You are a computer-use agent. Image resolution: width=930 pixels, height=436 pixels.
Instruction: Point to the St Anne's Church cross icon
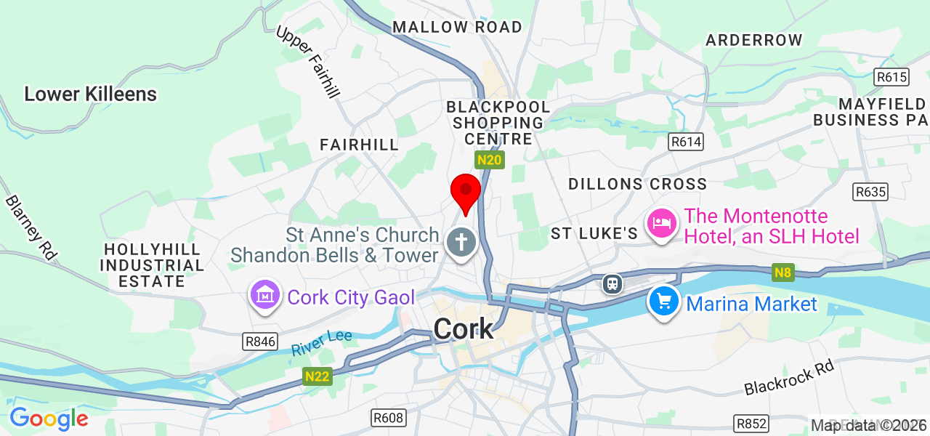(461, 242)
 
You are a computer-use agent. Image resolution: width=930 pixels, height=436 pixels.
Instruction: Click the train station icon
(612, 283)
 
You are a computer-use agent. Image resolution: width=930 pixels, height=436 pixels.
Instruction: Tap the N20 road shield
(490, 159)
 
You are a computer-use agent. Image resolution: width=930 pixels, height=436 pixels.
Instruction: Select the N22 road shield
(317, 376)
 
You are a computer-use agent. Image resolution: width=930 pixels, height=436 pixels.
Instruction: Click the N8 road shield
(783, 273)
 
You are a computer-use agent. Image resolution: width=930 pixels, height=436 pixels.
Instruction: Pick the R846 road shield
(260, 342)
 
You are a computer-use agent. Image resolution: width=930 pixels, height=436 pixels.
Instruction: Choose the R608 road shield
(388, 418)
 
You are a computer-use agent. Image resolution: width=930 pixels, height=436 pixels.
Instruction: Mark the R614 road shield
(687, 142)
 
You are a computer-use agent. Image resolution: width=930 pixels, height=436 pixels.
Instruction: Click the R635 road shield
(870, 192)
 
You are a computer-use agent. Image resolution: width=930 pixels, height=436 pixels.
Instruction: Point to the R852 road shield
(752, 424)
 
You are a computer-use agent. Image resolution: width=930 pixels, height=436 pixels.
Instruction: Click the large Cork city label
(464, 329)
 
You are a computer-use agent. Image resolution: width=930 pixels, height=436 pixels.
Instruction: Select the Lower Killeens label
(90, 94)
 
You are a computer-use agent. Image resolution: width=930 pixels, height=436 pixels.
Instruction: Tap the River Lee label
(322, 343)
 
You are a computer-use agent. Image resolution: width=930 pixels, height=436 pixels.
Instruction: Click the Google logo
(49, 419)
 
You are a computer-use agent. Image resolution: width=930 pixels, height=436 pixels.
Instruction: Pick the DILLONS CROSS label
(637, 184)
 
